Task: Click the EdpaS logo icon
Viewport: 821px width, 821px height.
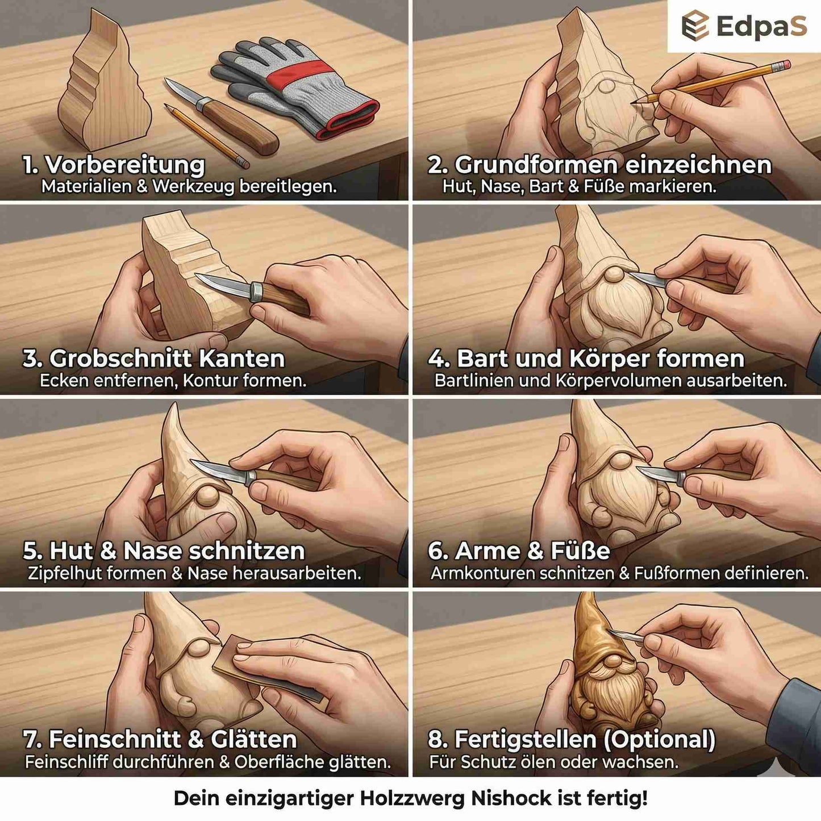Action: [x=695, y=26]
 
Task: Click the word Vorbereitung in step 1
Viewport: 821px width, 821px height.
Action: [x=125, y=165]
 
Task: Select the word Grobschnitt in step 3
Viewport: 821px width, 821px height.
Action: [x=120, y=359]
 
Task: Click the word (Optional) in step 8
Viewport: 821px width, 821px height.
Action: [x=659, y=740]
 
